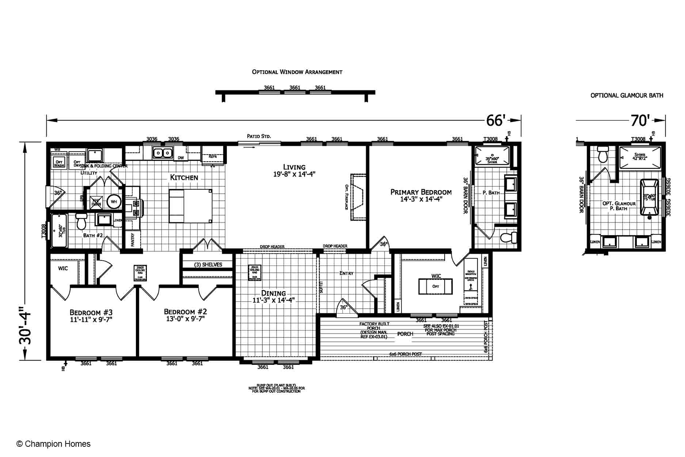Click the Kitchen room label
pyautogui.click(x=184, y=177)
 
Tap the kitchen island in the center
pyautogui.click(x=190, y=206)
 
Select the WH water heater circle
pyautogui.click(x=114, y=201)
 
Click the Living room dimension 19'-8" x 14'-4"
pyautogui.click(x=294, y=174)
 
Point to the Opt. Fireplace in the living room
pyautogui.click(x=358, y=197)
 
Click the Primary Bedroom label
pyautogui.click(x=421, y=192)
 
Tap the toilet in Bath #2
pyautogui.click(x=81, y=221)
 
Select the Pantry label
pyautogui.click(x=133, y=239)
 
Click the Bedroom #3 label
pyautogui.click(x=91, y=312)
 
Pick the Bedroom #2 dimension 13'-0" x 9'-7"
pyautogui.click(x=185, y=319)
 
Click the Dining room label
pyautogui.click(x=273, y=293)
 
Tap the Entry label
pyautogui.click(x=346, y=273)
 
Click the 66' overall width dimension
pyautogui.click(x=495, y=120)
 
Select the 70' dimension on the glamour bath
pyautogui.click(x=640, y=120)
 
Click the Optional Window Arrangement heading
pyautogui.click(x=297, y=72)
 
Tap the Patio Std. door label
pyautogui.click(x=259, y=136)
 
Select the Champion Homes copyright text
pyautogui.click(x=54, y=444)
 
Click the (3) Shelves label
pyautogui.click(x=208, y=265)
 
